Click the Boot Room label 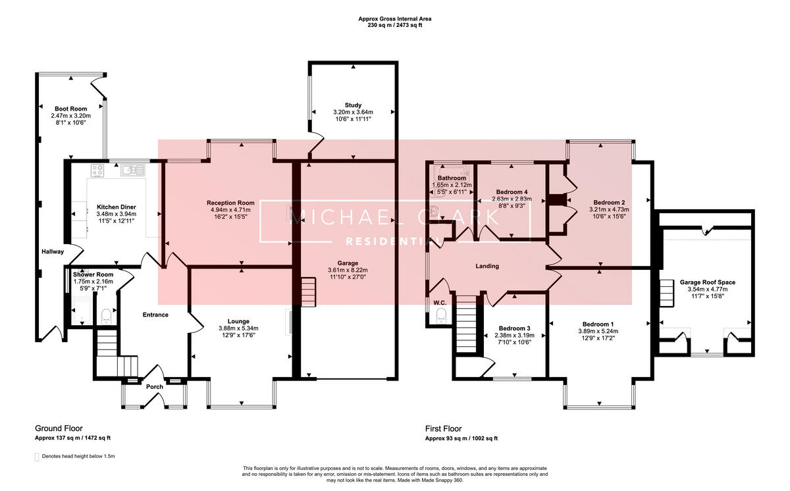pos(70,109)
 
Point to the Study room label pos(353,105)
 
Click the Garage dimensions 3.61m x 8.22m pos(348,270)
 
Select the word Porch pos(154,386)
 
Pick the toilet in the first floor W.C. pos(440,317)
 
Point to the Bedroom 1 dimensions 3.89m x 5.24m pos(598,331)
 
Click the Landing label pos(487,267)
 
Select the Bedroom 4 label pos(511,192)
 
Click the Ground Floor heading pos(59,428)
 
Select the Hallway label pos(52,251)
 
